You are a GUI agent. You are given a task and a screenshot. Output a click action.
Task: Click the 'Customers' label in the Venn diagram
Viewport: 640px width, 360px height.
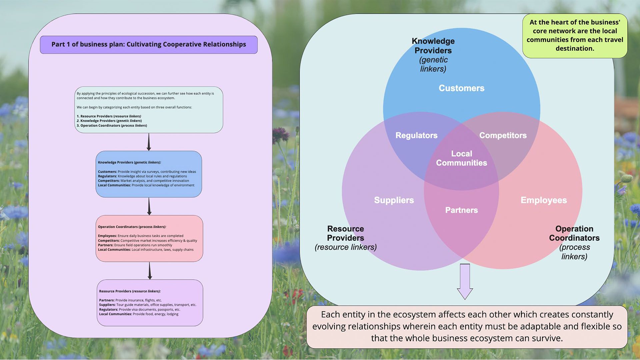(x=461, y=88)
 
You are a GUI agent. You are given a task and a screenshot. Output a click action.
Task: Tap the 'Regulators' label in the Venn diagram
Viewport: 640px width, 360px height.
(x=416, y=135)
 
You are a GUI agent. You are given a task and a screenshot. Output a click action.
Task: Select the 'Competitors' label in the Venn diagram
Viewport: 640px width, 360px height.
(x=503, y=135)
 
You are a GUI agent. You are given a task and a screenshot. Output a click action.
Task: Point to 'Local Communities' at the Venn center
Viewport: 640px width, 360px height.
(x=461, y=158)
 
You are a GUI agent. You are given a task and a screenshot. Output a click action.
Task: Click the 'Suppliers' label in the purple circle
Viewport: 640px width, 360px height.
(x=394, y=200)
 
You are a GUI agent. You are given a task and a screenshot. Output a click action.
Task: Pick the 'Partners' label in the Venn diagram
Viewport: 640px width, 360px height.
(x=461, y=210)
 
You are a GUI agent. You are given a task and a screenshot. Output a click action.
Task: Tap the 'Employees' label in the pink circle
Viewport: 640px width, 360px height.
(x=543, y=200)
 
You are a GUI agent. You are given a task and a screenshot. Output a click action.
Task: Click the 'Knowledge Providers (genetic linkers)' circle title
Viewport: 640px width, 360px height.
(x=433, y=55)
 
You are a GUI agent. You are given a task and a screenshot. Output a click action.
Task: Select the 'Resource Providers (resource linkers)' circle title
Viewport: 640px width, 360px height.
(x=346, y=238)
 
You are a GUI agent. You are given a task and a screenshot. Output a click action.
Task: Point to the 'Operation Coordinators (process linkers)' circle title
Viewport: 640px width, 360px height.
(x=574, y=242)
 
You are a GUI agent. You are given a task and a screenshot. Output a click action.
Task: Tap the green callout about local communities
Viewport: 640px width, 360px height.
(x=575, y=35)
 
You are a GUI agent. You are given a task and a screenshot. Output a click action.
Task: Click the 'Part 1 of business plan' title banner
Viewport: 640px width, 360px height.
(x=149, y=44)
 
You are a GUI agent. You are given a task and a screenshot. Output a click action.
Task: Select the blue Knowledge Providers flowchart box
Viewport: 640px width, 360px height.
(x=149, y=174)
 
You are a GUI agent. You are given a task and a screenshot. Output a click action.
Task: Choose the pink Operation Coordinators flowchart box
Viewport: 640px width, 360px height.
(x=149, y=238)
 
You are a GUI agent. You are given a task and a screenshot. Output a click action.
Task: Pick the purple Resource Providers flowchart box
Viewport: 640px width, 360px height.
(x=150, y=303)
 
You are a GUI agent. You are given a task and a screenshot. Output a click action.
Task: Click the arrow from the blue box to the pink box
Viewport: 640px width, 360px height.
(x=149, y=206)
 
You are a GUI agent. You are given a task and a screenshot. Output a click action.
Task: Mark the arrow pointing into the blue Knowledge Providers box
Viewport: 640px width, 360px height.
(x=149, y=142)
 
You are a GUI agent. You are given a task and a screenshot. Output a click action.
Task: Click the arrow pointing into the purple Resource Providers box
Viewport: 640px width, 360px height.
(x=150, y=271)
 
